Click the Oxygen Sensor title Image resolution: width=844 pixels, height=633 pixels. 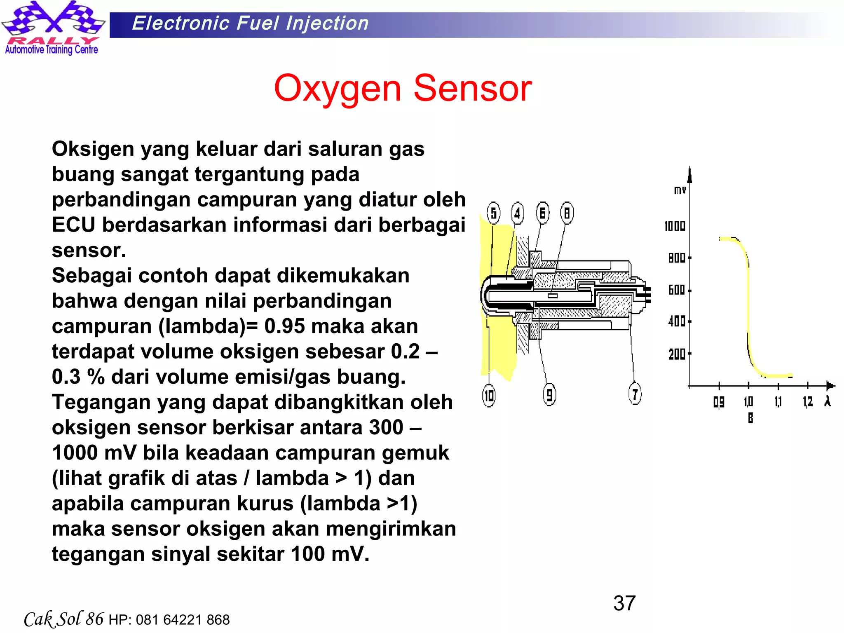pos(403,89)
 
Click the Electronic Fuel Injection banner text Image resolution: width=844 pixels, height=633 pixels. pos(250,23)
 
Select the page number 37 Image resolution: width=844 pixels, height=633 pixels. pos(624,603)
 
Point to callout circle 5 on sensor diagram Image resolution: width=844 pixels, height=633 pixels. pos(493,213)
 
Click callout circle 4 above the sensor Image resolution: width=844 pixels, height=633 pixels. pos(518,213)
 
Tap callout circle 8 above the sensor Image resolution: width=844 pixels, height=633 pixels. pos(567,213)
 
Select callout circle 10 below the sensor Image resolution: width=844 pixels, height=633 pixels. pos(489,396)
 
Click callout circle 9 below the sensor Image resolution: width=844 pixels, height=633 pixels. pos(549,394)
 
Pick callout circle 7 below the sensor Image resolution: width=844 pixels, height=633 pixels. pos(635,394)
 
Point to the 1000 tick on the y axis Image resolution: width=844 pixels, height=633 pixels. pos(675,226)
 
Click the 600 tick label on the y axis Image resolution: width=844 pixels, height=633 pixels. pos(677,290)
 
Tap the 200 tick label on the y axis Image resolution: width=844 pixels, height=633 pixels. pos(677,354)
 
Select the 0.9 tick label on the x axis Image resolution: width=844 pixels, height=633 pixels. pos(719,402)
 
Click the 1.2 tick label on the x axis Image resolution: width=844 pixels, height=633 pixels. pos(807,401)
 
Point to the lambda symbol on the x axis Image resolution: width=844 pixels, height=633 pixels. pos(828,401)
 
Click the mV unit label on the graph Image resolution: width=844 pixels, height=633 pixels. pos(680,190)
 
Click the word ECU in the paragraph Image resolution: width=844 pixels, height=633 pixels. pos(73,225)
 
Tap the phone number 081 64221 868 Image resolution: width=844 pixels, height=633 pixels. pos(183,620)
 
